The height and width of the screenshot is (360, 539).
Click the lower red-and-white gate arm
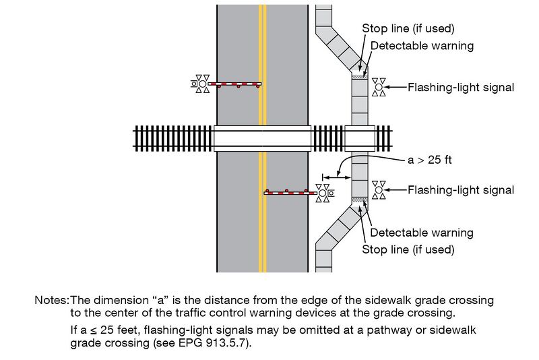[x=290, y=193]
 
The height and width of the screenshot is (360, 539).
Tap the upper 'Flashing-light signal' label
[x=461, y=87]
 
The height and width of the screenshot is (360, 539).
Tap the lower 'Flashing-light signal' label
[x=461, y=190]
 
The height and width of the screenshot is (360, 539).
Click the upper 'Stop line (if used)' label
[x=408, y=28]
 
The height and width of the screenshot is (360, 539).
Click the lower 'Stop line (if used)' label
[x=408, y=249]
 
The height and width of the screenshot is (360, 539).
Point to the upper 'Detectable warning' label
[x=422, y=46]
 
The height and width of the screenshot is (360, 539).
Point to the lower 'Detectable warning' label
[x=422, y=233]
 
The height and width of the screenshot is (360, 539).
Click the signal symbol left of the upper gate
[x=201, y=84]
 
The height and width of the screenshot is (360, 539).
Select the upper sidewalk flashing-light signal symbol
[x=379, y=87]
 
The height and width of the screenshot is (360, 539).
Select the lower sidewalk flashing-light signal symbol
[x=379, y=190]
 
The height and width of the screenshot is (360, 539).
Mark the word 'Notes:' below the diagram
[x=51, y=299]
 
